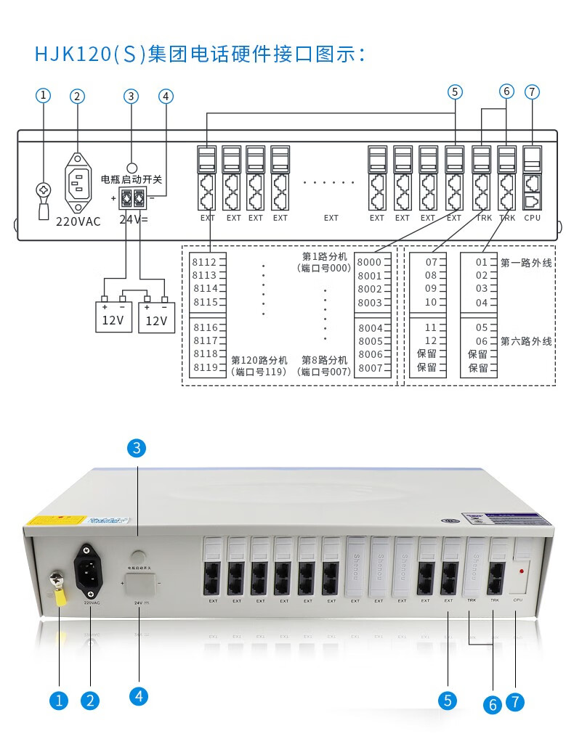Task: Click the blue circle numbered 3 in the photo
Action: [137, 448]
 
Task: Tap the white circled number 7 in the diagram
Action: [533, 91]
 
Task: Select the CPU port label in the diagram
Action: [532, 217]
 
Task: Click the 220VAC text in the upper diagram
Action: [78, 221]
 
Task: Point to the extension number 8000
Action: [369, 262]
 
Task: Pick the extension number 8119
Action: [204, 367]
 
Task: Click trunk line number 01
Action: [482, 262]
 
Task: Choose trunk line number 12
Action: [431, 340]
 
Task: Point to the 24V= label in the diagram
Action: [133, 218]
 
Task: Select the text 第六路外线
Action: [526, 340]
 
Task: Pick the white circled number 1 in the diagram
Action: [44, 95]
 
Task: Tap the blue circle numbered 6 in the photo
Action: [492, 704]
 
